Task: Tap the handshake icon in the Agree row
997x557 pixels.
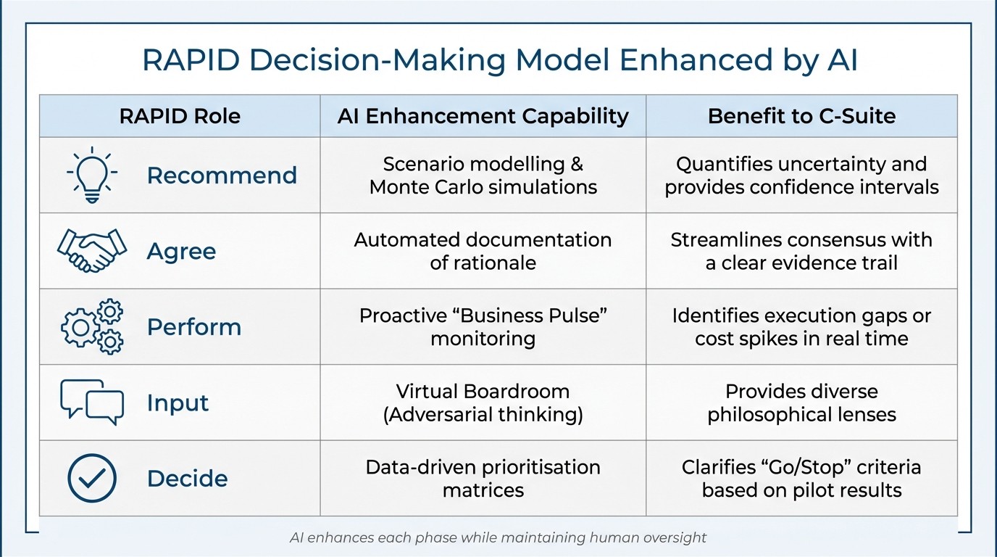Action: tap(92, 251)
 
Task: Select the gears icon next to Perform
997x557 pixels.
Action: tap(92, 327)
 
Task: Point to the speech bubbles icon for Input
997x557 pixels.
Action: tap(92, 402)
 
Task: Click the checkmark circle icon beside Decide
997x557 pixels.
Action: tap(92, 478)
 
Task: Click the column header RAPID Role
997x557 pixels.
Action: tap(180, 116)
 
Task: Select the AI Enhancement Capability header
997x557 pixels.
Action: tap(483, 116)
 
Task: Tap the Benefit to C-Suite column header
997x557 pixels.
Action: tap(801, 116)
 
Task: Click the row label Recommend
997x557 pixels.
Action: tap(222, 176)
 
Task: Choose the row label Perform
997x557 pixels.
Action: tap(193, 327)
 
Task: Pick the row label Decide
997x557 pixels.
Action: tap(187, 478)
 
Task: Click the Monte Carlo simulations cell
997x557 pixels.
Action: tap(483, 176)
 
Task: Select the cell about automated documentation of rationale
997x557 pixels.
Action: tap(483, 251)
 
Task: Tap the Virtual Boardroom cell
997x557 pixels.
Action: tap(483, 403)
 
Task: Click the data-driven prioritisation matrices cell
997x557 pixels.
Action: tap(483, 478)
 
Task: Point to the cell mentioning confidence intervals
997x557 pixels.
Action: tap(801, 176)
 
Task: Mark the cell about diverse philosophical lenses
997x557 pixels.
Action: tap(801, 403)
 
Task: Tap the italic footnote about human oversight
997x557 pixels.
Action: tap(498, 537)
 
